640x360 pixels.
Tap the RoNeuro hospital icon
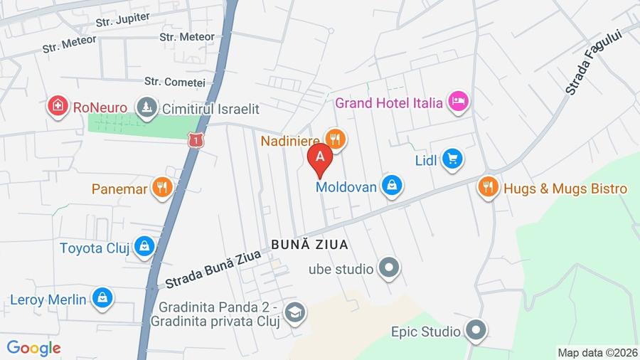coord(58,107)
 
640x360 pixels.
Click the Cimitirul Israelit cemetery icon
coord(147,109)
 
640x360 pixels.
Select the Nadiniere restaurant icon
coord(336,139)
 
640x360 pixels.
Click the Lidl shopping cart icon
coord(452,159)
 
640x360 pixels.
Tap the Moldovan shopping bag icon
coord(391,186)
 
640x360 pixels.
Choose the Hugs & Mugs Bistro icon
coord(488,187)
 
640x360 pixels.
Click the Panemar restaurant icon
coord(163,188)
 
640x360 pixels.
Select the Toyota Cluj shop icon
coord(144,247)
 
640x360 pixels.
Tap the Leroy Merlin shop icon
coord(102,299)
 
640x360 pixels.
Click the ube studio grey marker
coord(388,269)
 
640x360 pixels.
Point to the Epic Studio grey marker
coord(475,331)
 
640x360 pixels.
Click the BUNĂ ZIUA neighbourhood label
coord(309,245)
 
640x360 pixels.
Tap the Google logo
coord(33,348)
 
